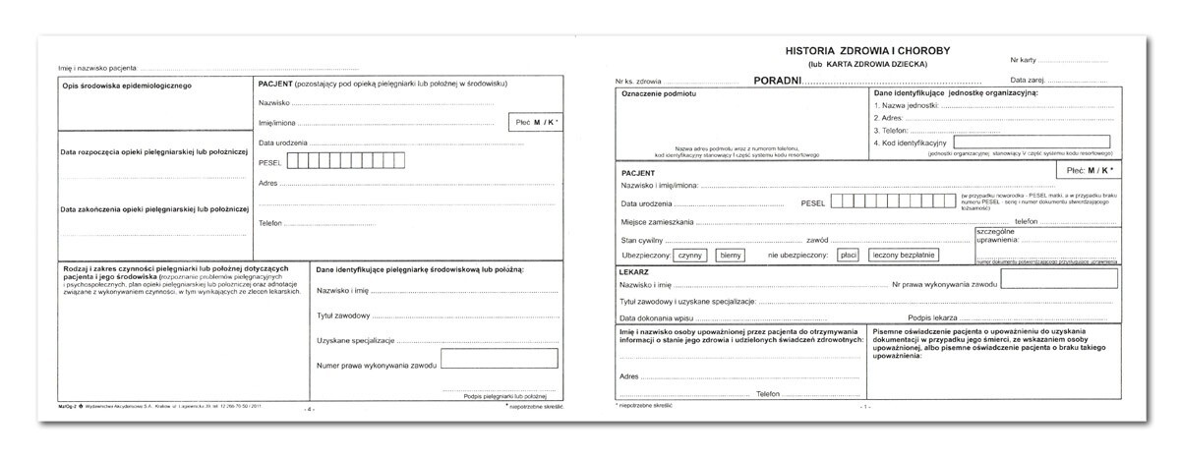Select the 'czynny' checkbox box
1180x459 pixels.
[x=686, y=255]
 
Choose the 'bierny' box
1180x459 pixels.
[x=730, y=255]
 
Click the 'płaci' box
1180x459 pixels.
[x=848, y=255]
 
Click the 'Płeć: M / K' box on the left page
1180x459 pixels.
[x=535, y=122]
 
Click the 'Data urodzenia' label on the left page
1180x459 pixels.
[x=284, y=143]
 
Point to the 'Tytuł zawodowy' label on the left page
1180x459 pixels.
[x=343, y=316]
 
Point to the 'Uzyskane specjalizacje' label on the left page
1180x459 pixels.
[x=355, y=340]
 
